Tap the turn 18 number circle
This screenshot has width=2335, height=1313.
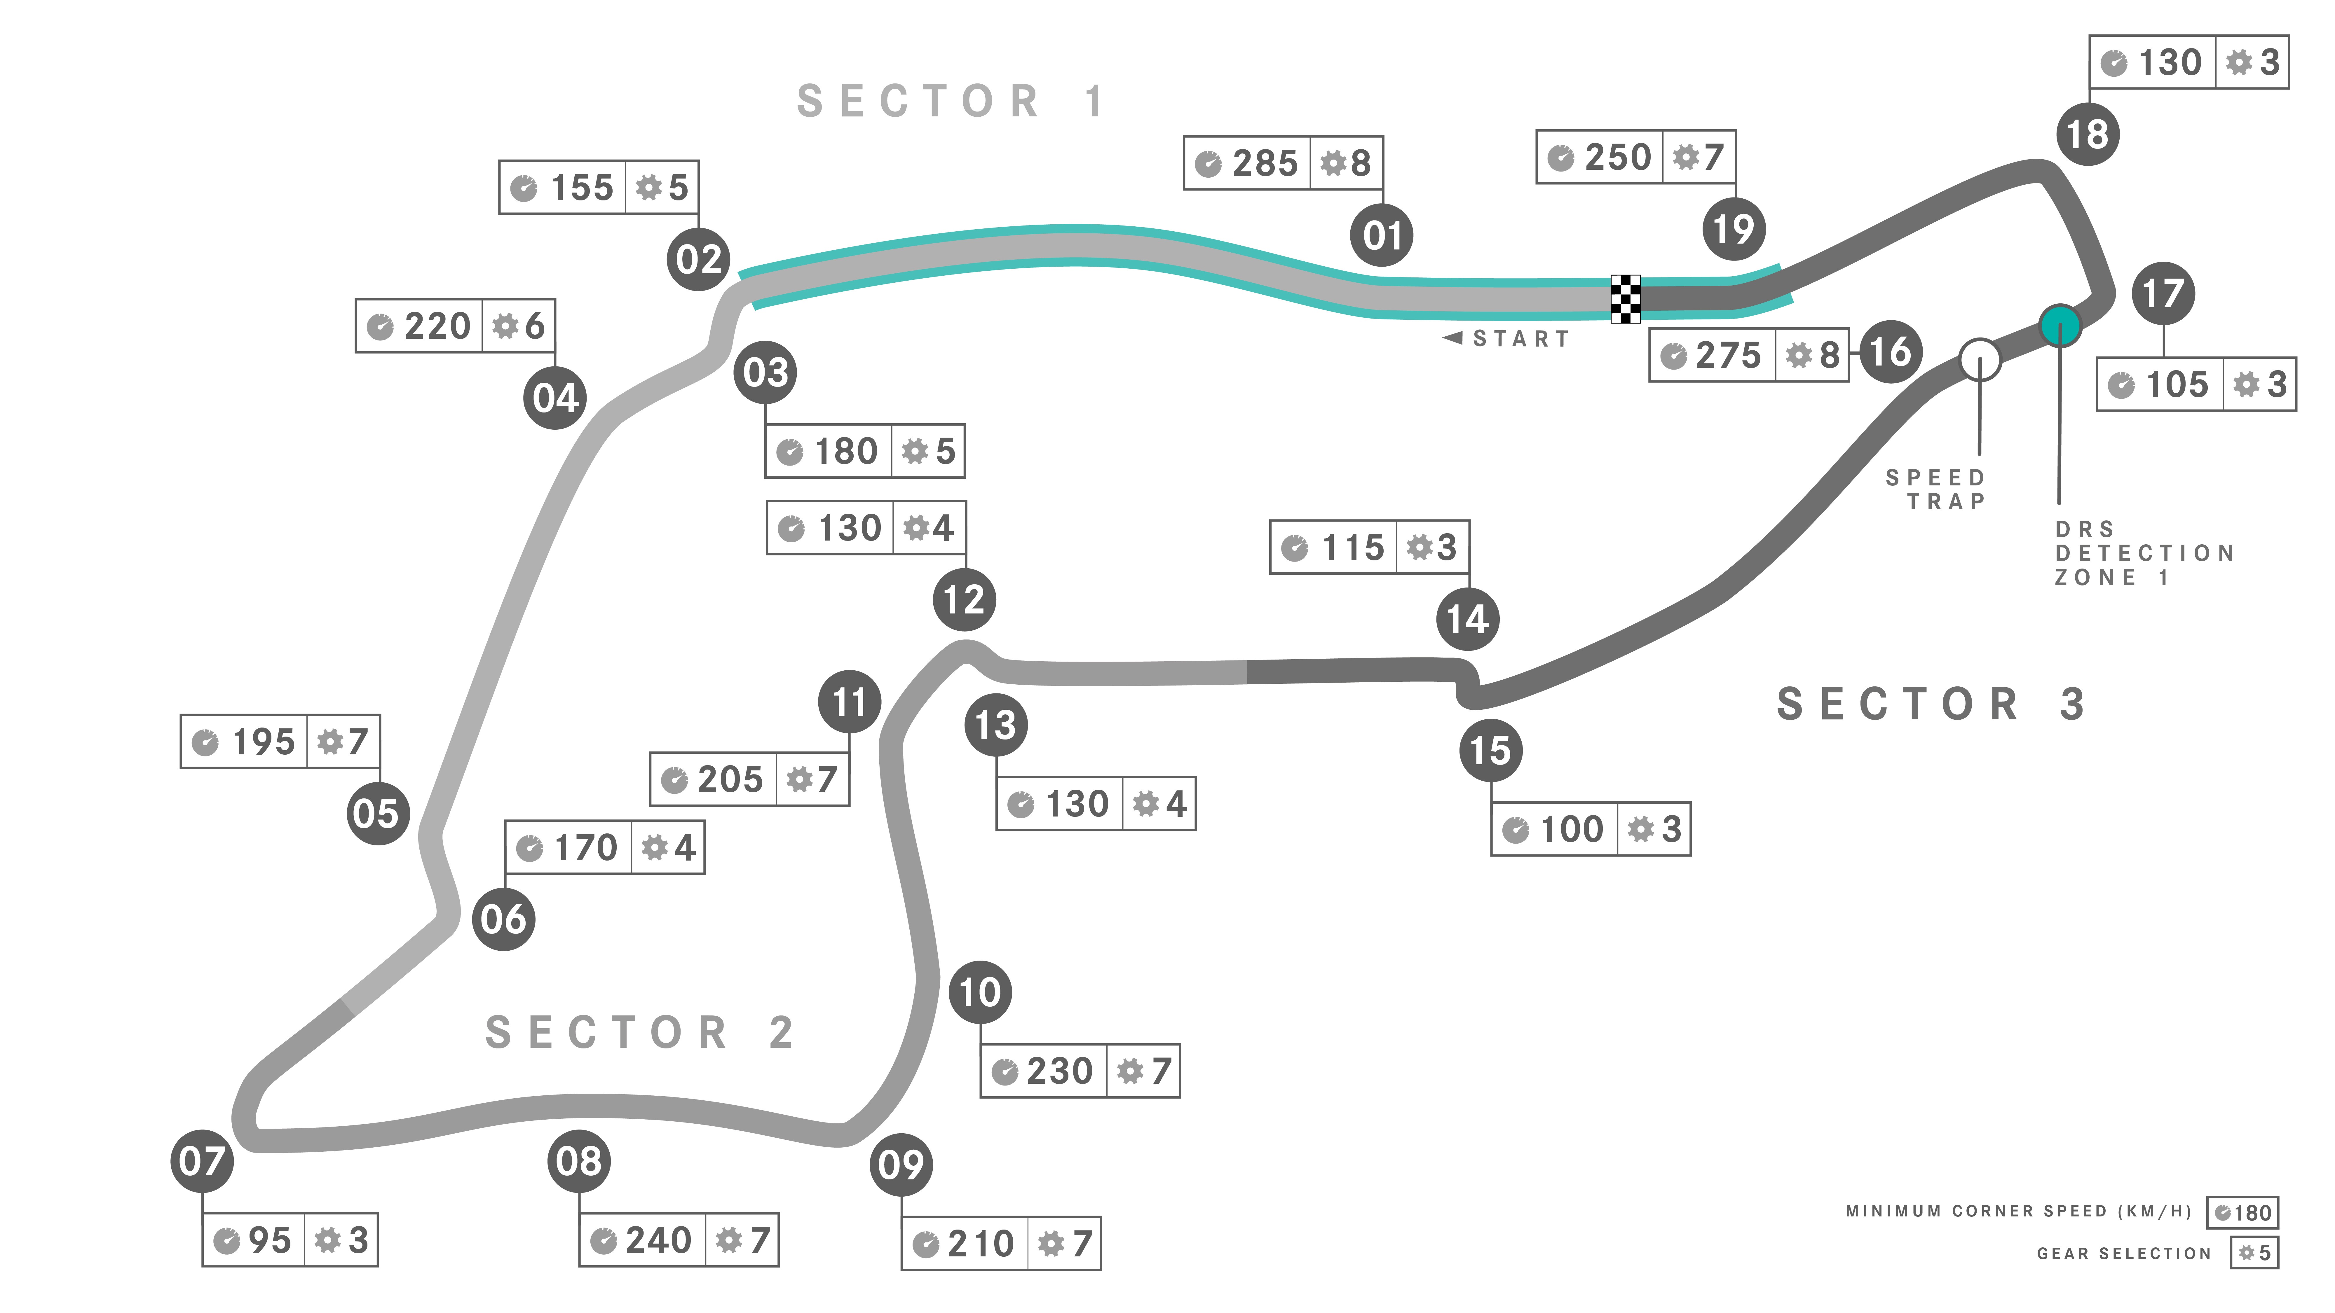(2088, 134)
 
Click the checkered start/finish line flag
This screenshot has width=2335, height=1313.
(1625, 298)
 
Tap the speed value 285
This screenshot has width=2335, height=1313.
(1265, 163)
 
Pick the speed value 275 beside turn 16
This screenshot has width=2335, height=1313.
(1729, 355)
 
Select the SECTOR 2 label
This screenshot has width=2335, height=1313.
(640, 1032)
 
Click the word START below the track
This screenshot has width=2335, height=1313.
(1520, 339)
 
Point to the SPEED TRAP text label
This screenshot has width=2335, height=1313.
(1936, 489)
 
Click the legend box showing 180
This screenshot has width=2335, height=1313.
(2242, 1212)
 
